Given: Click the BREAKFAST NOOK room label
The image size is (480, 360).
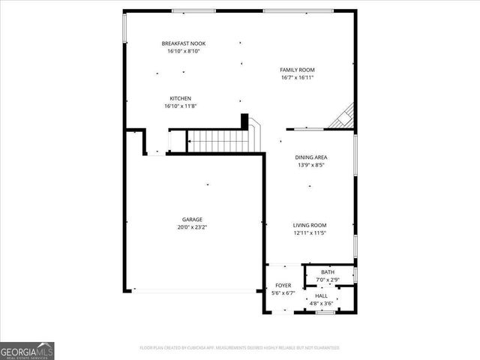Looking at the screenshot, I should click(183, 43).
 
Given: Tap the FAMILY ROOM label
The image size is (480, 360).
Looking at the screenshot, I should click(297, 69).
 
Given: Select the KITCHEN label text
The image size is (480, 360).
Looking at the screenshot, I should click(180, 98).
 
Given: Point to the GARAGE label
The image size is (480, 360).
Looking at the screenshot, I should click(192, 220).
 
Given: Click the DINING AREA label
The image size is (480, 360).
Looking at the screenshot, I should click(310, 157).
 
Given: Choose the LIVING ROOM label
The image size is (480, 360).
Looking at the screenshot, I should click(309, 225).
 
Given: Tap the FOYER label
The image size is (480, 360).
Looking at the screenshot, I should click(283, 286).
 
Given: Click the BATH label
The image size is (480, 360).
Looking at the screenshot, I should click(328, 272).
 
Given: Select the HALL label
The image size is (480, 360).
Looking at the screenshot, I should click(321, 297).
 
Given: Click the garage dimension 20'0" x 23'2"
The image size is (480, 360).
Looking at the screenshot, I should click(192, 227).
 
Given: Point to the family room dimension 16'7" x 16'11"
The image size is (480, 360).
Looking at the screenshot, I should click(297, 76).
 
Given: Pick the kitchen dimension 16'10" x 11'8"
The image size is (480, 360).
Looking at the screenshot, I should click(180, 106).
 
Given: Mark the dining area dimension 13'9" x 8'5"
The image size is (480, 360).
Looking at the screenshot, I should click(310, 164).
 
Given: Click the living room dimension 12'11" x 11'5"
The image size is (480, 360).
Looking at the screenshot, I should click(309, 232).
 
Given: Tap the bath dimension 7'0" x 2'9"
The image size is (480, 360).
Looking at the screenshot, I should click(328, 280).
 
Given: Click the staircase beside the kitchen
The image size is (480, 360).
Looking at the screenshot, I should click(217, 140).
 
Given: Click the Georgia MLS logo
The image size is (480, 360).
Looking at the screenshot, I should click(27, 350).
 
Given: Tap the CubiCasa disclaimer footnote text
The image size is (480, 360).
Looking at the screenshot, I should click(239, 348).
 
